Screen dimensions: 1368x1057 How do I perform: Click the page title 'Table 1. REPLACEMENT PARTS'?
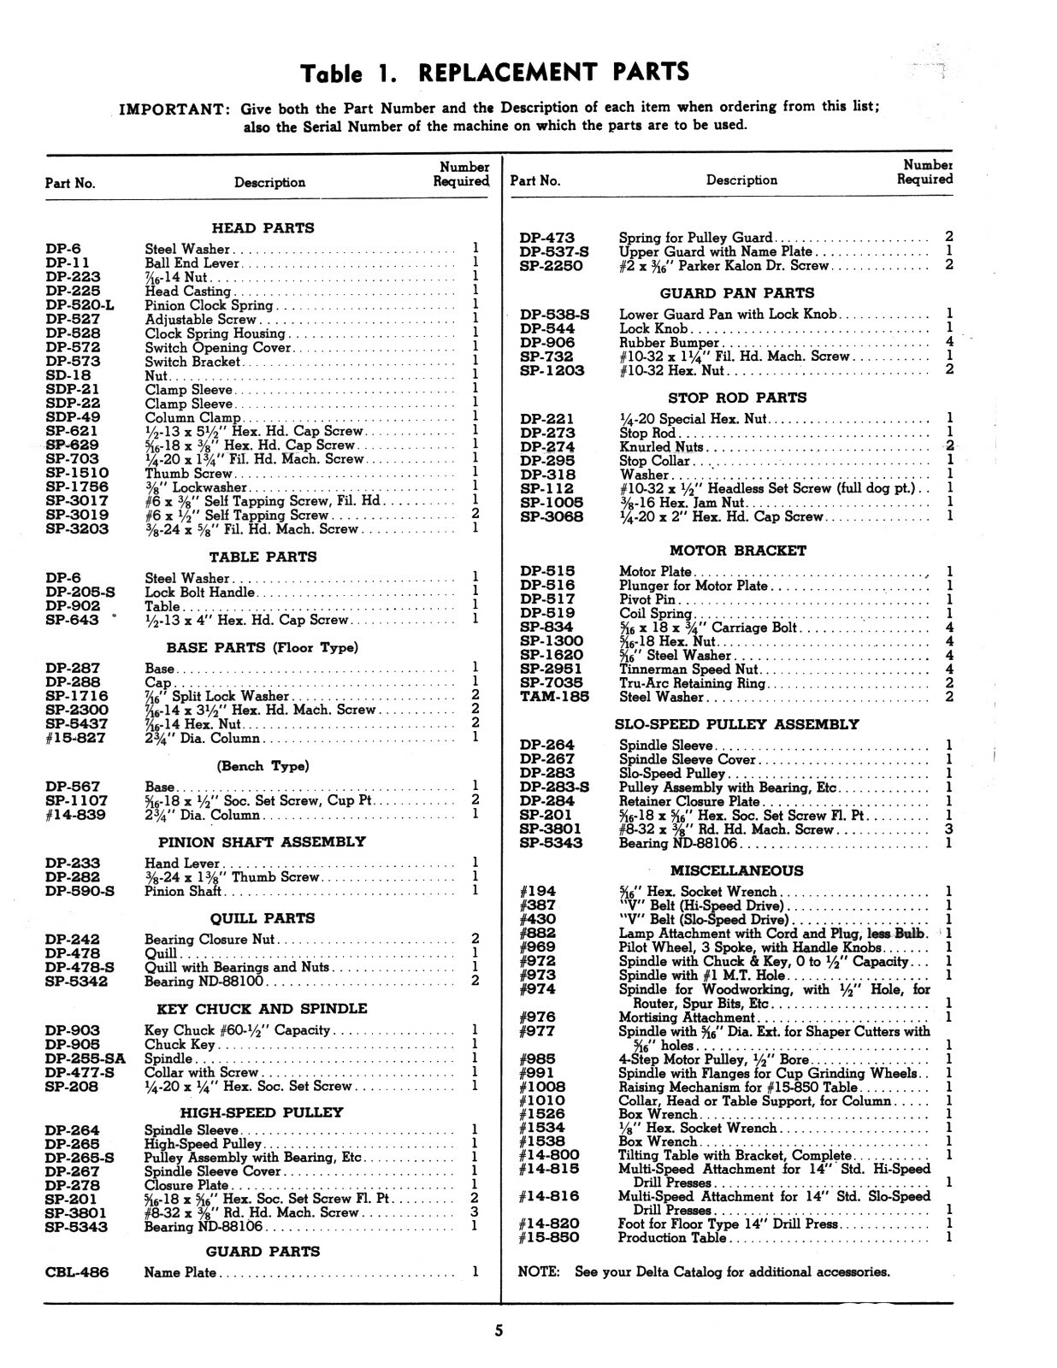click(x=496, y=72)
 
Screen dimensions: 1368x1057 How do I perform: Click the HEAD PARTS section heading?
click(x=263, y=228)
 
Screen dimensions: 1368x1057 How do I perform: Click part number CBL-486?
click(x=77, y=1272)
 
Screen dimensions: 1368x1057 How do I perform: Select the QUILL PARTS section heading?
click(x=263, y=918)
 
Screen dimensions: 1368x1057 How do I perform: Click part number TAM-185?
click(x=554, y=697)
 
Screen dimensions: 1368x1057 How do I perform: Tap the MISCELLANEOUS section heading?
click(x=736, y=870)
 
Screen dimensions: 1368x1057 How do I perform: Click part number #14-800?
click(x=549, y=1155)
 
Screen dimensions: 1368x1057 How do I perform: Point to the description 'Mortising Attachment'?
click(x=686, y=1017)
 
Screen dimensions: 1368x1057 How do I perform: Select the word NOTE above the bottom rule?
click(x=539, y=1271)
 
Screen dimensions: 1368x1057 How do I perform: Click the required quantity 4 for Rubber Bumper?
click(x=949, y=342)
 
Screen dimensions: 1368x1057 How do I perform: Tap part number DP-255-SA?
click(x=85, y=1058)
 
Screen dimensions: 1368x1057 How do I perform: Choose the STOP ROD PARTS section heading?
click(x=736, y=398)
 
